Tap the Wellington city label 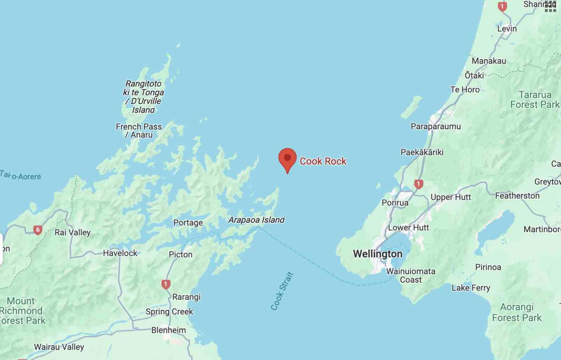tap(378, 254)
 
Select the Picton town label tap(180, 254)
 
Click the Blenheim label tap(168, 330)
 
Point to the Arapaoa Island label tap(256, 220)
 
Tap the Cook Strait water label tap(282, 291)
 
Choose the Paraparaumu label tap(435, 126)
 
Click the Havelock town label tap(120, 253)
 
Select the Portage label tap(188, 223)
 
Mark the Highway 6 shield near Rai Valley tap(38, 230)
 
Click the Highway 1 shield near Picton tap(166, 284)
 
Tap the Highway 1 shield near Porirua tap(419, 184)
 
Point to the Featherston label tap(517, 196)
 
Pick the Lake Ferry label tap(471, 288)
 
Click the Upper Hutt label tap(451, 197)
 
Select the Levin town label tap(507, 28)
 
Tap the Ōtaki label tap(474, 76)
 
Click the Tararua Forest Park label tap(535, 100)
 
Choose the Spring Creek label tap(169, 311)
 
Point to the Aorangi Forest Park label tap(516, 312)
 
